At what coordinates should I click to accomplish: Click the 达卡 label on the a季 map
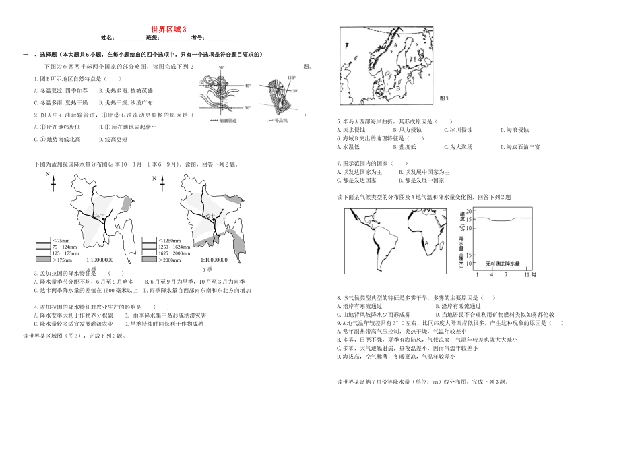pos(100,215)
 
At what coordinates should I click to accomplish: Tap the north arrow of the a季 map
pos(52,179)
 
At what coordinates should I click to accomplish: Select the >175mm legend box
pos(42,260)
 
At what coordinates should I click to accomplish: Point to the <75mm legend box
pos(42,240)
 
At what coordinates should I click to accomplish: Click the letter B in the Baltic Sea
pos(398,88)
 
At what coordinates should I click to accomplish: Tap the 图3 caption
pos(444,98)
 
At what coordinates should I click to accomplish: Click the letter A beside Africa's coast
pos(425,241)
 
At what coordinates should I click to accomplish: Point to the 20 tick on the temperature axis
pos(471,211)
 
